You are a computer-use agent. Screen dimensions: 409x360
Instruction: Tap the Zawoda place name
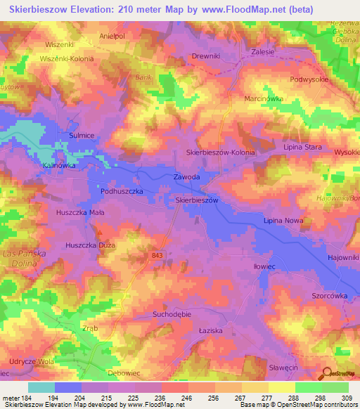[187, 178]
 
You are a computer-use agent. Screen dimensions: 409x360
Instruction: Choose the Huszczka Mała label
[81, 211]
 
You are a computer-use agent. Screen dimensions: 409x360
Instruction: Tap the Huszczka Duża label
[90, 245]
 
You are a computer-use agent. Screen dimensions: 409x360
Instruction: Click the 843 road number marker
[157, 255]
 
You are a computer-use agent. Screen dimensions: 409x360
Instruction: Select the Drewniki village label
[206, 56]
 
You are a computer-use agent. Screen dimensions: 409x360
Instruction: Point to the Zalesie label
[262, 52]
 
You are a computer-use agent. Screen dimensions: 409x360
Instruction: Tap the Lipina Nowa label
[283, 221]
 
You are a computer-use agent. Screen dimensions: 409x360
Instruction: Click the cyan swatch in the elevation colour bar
[41, 387]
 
